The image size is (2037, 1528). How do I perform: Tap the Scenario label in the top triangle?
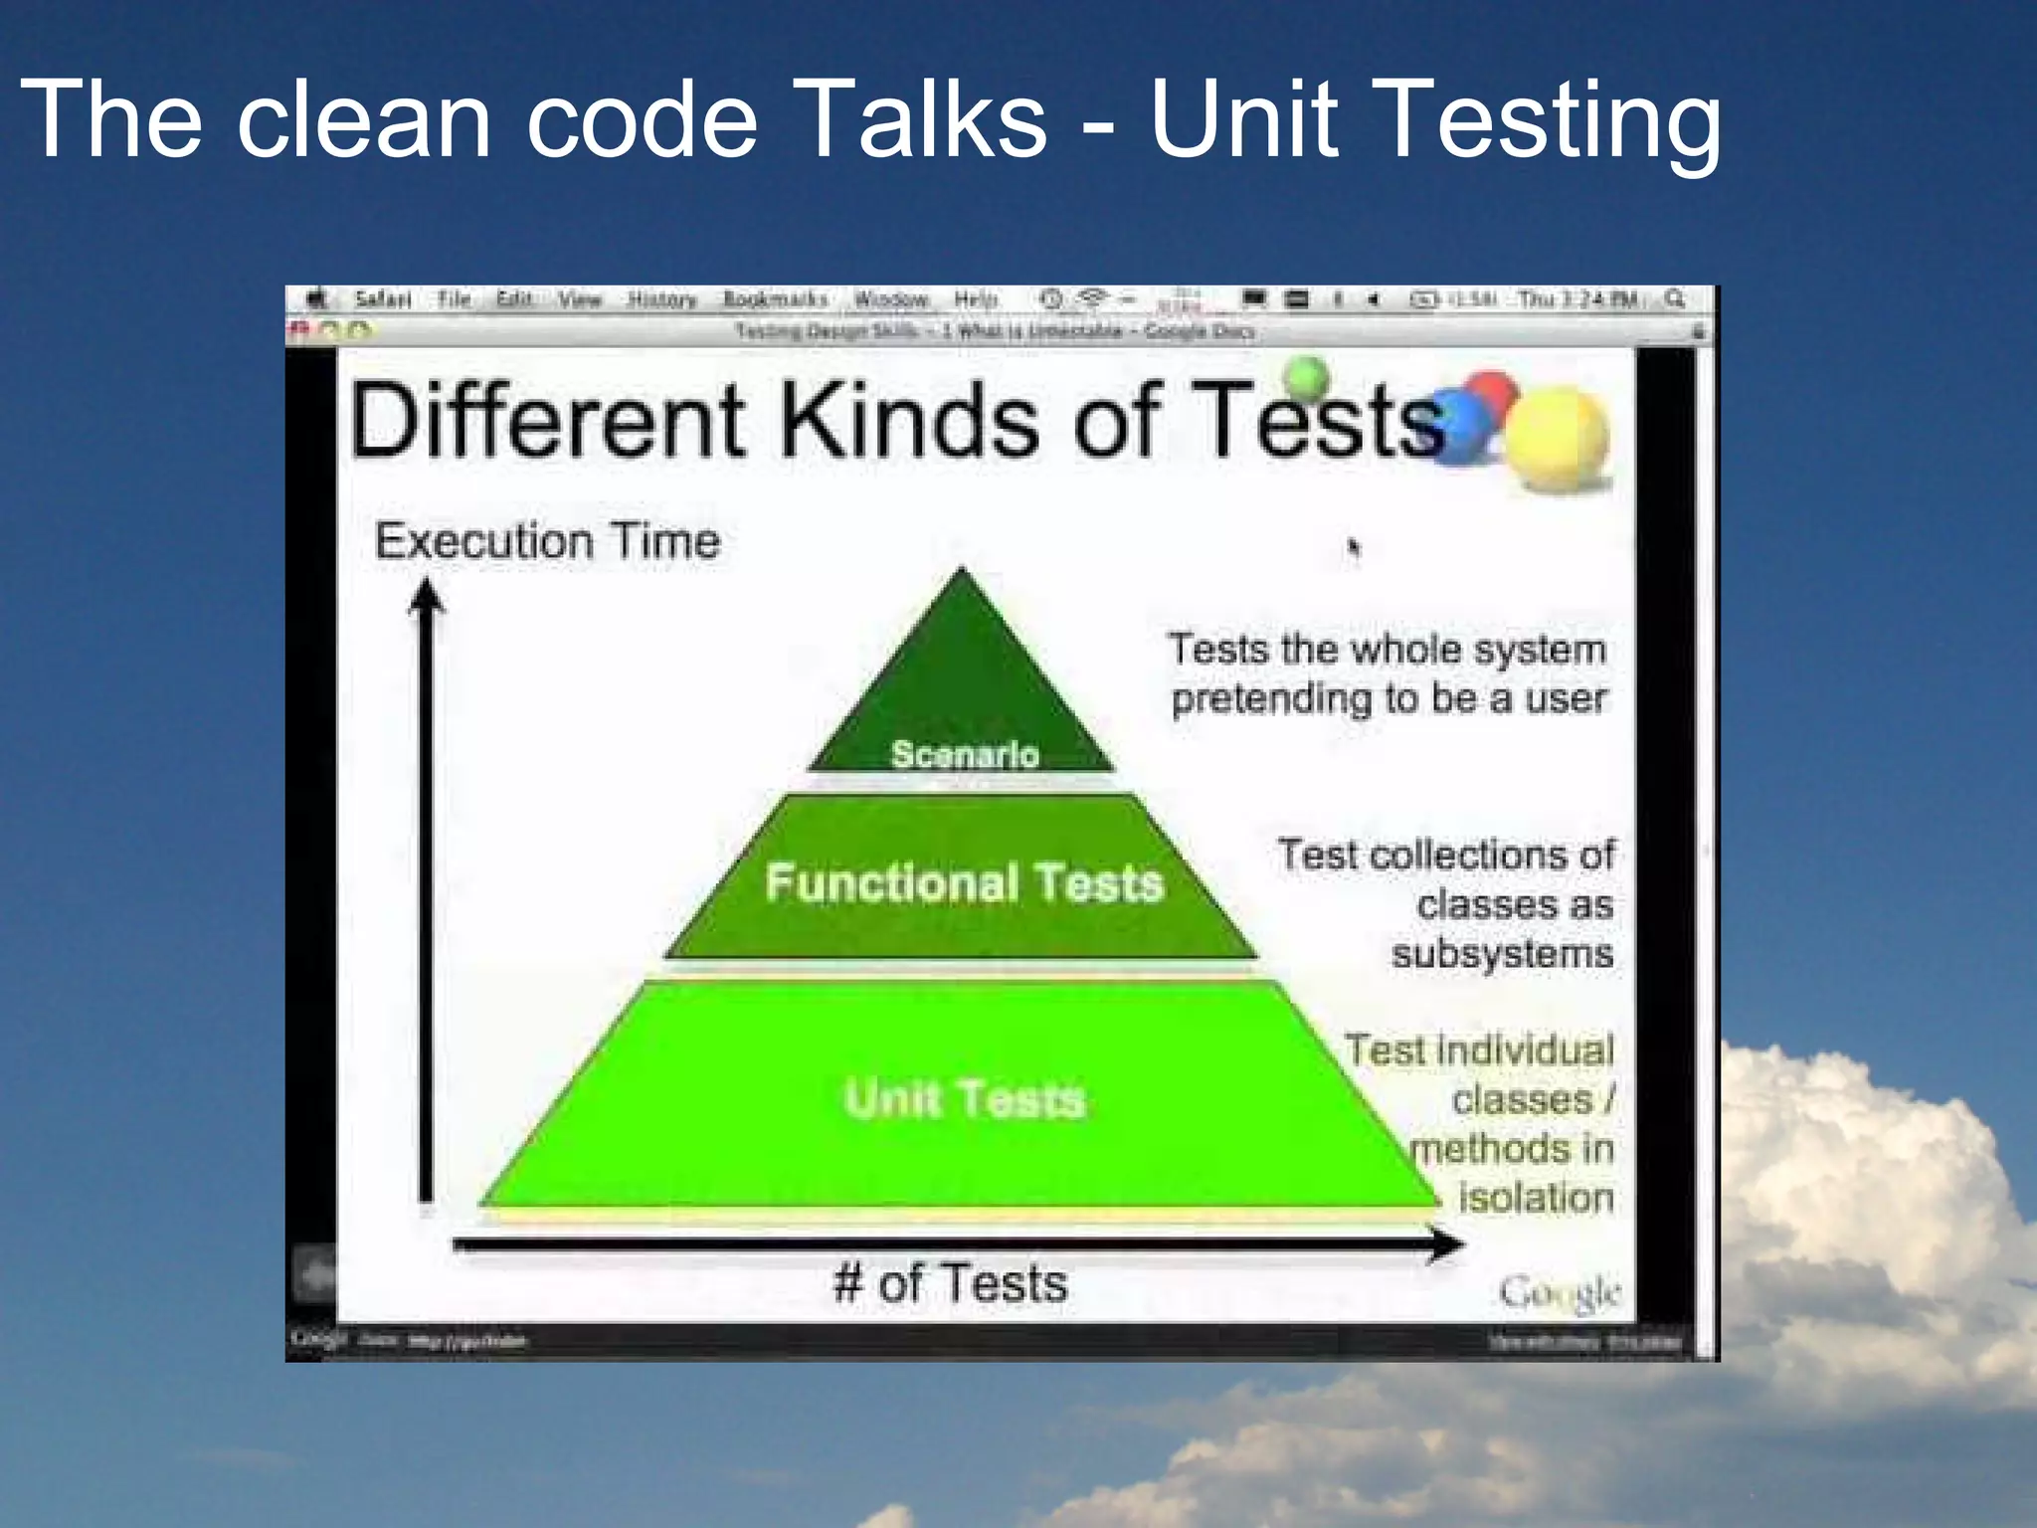965,754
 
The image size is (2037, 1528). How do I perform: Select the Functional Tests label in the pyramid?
964,882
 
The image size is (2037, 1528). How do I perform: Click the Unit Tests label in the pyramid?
964,1099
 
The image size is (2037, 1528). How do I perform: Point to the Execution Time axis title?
547,541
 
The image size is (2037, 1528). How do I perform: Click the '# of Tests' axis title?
951,1283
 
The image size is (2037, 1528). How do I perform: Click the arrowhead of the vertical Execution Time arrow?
427,595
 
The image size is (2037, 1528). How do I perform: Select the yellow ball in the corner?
1557,438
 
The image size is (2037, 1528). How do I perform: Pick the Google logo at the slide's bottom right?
1559,1292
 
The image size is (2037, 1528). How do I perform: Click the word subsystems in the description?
1502,954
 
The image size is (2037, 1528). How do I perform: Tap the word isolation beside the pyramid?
1536,1197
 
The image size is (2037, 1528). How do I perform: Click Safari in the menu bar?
383,299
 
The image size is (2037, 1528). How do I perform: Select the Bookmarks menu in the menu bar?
775,299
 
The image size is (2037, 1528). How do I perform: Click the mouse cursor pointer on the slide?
1353,547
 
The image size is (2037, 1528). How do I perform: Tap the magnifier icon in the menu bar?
1675,299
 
